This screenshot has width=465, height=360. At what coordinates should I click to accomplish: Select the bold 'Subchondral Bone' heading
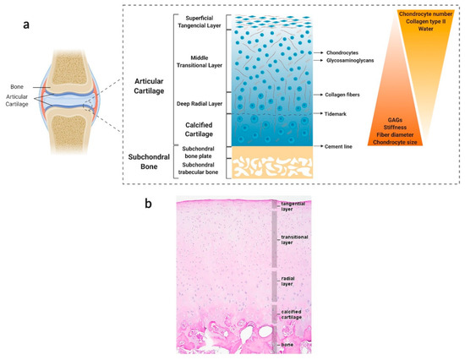click(140, 162)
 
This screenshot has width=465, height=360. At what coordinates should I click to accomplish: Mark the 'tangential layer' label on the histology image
click(293, 206)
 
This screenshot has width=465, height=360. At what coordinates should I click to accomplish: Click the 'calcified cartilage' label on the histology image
click(292, 315)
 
